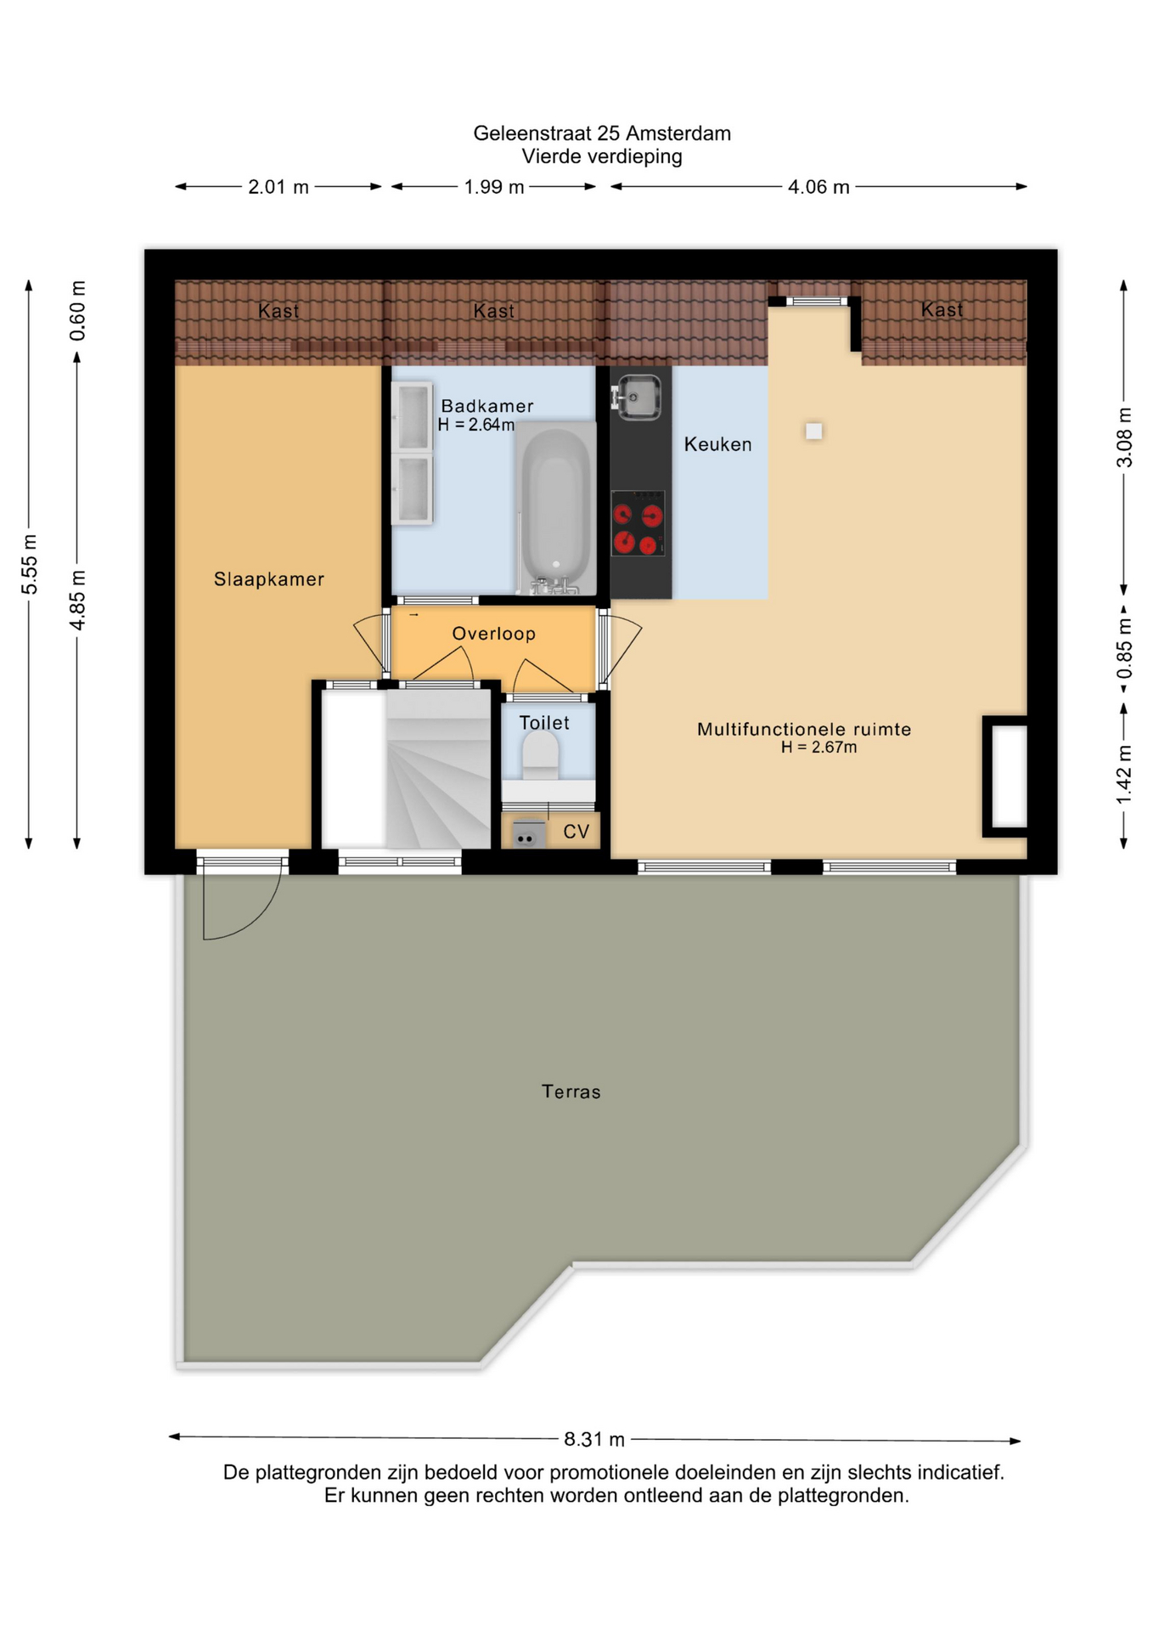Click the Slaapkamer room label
coord(268,579)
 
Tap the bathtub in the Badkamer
coord(555,508)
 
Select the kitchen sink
coord(638,398)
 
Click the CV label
coord(576,832)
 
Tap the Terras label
coord(571,1092)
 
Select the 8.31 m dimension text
coord(594,1439)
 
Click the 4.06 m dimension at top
coord(818,187)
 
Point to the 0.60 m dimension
coord(77,311)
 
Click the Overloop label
coord(493,634)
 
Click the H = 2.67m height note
coord(818,748)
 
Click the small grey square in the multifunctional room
coord(813,432)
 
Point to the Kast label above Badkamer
coord(493,311)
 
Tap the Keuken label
coord(717,444)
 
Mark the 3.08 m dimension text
coord(1124,437)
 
